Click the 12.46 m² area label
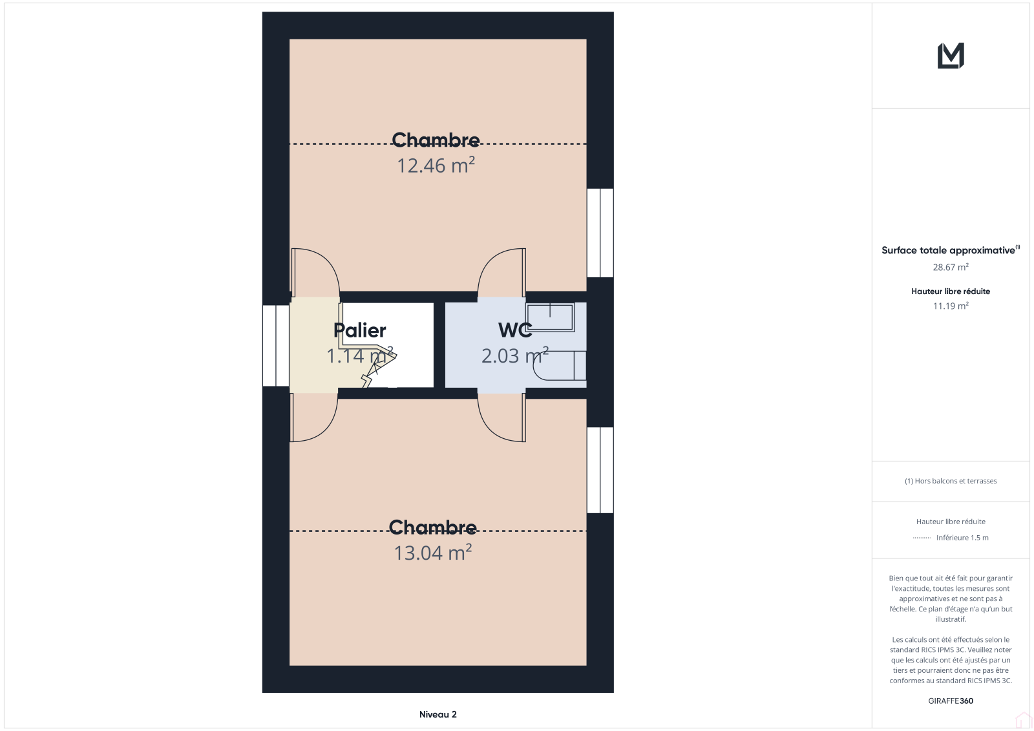tap(436, 165)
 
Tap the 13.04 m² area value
tap(432, 553)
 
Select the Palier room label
tap(359, 330)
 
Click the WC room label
tap(515, 330)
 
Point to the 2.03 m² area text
tap(515, 355)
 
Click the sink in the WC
tap(550, 317)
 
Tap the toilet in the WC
tap(560, 365)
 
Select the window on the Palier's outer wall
tap(276, 345)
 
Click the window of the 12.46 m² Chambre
tap(600, 233)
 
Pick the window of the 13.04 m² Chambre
tap(600, 470)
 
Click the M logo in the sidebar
tap(951, 56)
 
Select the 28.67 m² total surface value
tap(951, 267)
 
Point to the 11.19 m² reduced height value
tap(951, 306)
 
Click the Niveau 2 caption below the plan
tap(438, 714)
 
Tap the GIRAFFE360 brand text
tap(951, 701)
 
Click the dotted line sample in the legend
tap(922, 538)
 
